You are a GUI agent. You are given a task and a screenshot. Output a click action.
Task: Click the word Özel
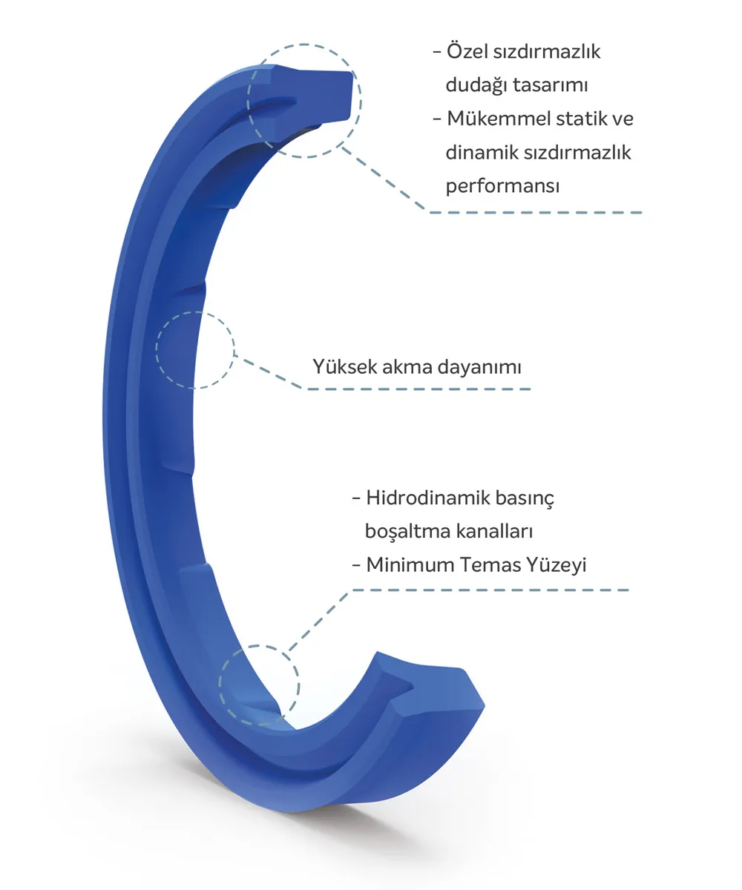pyautogui.click(x=467, y=51)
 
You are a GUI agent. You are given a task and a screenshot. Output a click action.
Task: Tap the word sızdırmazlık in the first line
pyautogui.click(x=547, y=52)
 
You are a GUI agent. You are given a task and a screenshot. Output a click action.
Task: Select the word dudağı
pyautogui.click(x=476, y=85)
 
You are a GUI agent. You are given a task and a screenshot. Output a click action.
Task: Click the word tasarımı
pyautogui.click(x=550, y=85)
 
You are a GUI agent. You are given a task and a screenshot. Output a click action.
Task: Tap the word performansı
pyautogui.click(x=502, y=187)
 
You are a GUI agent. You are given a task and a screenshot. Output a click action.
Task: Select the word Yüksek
pyautogui.click(x=344, y=366)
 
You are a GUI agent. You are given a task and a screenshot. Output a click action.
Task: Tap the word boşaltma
pyautogui.click(x=407, y=532)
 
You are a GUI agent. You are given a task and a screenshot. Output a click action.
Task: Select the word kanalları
pyautogui.click(x=494, y=531)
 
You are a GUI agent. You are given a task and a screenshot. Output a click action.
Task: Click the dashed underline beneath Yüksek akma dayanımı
pyautogui.click(x=418, y=389)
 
